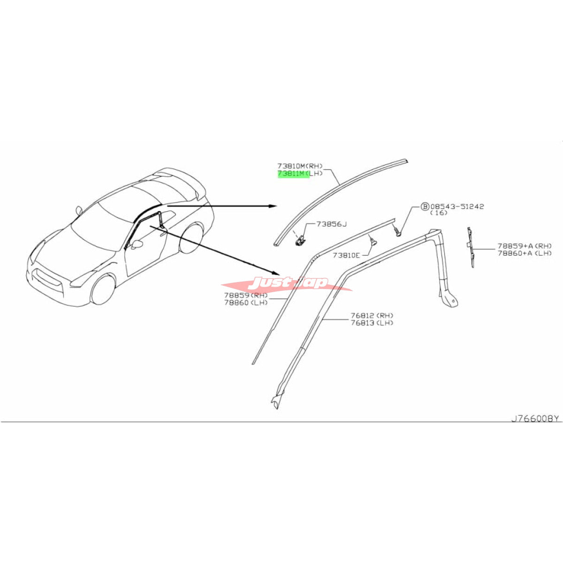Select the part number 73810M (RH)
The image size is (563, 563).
point(300,166)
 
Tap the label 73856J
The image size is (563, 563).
point(331,224)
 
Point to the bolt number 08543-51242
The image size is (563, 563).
point(457,206)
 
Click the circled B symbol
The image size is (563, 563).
point(425,207)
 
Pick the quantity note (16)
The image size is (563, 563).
point(439,213)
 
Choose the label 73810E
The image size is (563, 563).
point(346,255)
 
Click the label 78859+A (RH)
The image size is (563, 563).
point(525,246)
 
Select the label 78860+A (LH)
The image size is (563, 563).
point(525,253)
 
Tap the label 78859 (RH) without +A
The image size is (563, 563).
point(246,296)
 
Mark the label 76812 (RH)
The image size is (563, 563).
point(372,316)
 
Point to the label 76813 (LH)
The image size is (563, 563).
point(372,322)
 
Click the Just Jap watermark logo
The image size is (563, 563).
point(287,283)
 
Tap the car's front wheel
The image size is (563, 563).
point(103,289)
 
